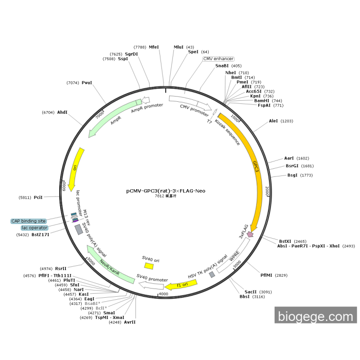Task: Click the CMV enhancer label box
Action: pyautogui.click(x=219, y=59)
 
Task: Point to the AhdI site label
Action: pyautogui.click(x=62, y=112)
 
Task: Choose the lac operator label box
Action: pyautogui.click(x=34, y=228)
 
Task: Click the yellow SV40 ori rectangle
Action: pyautogui.click(x=149, y=266)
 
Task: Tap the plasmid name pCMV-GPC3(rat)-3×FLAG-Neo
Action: pyautogui.click(x=166, y=191)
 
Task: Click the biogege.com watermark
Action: pyautogui.click(x=316, y=316)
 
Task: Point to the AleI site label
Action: pyautogui.click(x=273, y=121)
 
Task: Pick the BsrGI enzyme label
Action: pyautogui.click(x=292, y=166)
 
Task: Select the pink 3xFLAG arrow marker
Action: pyautogui.click(x=250, y=234)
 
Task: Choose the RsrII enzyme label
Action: pyautogui.click(x=61, y=268)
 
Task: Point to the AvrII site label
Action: pyautogui.click(x=130, y=322)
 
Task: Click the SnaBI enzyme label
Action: pyautogui.click(x=222, y=66)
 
